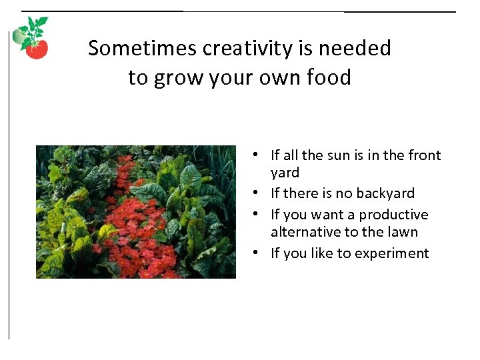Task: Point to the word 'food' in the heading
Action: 329,78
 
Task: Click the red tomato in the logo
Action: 37,50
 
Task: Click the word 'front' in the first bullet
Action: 423,155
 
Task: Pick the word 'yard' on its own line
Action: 285,173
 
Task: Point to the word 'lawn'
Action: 403,232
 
